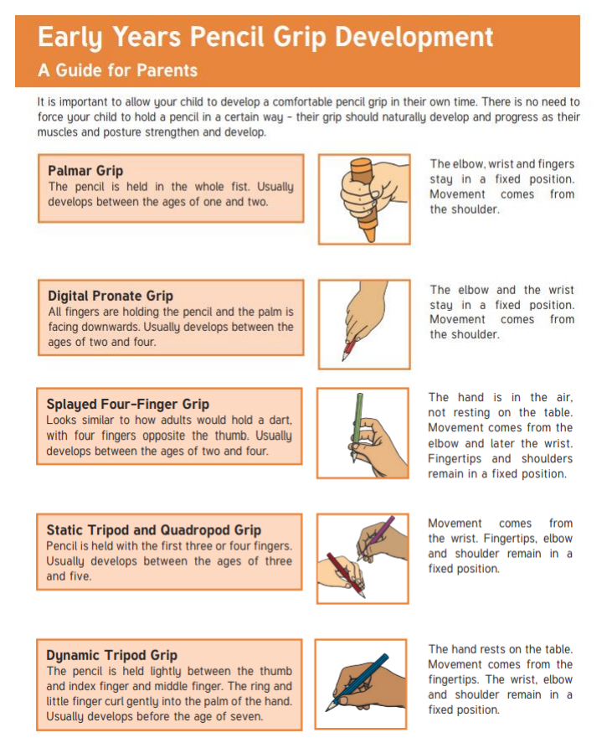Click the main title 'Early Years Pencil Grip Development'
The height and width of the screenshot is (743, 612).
click(x=265, y=38)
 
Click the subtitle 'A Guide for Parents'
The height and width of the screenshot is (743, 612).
click(x=117, y=70)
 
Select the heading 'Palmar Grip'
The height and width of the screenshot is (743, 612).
click(x=85, y=171)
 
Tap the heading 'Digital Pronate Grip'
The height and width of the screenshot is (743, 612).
click(x=111, y=297)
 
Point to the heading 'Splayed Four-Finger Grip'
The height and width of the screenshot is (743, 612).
click(x=127, y=405)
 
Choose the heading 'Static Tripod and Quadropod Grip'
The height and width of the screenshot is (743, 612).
click(x=153, y=529)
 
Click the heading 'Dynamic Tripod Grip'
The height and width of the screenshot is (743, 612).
click(x=112, y=655)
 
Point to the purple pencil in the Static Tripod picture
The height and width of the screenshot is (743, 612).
click(x=378, y=537)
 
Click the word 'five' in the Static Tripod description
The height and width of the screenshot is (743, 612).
click(x=80, y=576)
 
